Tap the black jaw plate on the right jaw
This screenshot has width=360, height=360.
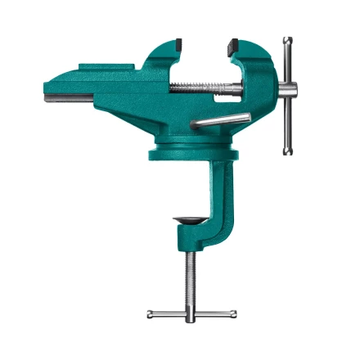(233, 42)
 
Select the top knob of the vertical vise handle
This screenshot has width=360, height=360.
(286, 41)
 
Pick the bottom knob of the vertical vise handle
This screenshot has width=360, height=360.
(286, 151)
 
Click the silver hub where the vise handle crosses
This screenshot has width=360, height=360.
(286, 89)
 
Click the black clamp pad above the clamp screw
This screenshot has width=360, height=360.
(188, 221)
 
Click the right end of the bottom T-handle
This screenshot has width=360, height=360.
(233, 313)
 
